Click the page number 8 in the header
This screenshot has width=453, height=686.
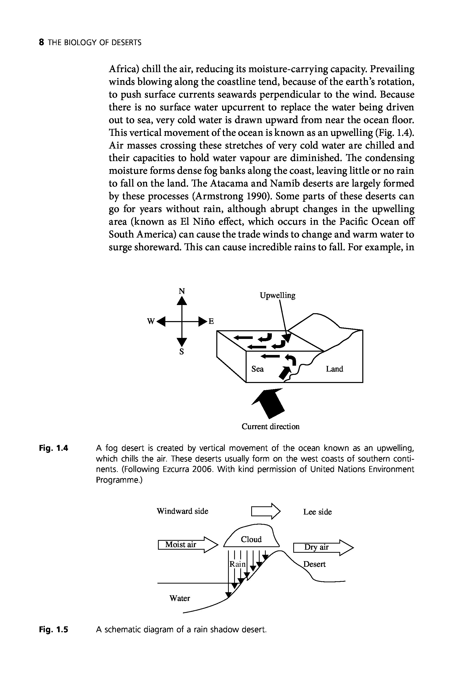(42, 43)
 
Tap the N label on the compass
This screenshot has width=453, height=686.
(181, 291)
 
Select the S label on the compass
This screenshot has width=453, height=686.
(181, 352)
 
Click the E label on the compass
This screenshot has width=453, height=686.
(211, 321)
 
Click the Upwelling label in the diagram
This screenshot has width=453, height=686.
(277, 295)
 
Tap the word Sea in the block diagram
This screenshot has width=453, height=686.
(257, 369)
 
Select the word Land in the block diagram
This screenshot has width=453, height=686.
(335, 369)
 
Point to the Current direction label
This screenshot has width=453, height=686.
(270, 427)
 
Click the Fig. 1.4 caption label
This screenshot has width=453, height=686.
(54, 448)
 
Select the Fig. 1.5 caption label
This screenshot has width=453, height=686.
(54, 629)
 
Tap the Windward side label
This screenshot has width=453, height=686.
(182, 511)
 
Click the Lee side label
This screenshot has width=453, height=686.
(317, 512)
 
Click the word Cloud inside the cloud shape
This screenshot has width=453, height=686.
(251, 539)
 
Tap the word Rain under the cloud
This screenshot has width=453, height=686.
(237, 564)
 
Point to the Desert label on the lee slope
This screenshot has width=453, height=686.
(314, 564)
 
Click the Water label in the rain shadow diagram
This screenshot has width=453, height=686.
(179, 598)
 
